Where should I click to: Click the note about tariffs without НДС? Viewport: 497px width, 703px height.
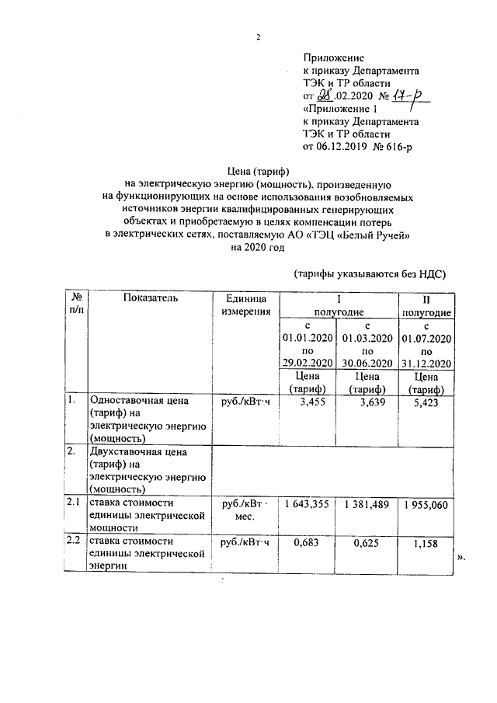371,273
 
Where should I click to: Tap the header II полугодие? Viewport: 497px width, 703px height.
426,305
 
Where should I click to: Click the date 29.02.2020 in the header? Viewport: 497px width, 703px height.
308,364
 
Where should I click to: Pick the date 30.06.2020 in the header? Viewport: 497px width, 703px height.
367,364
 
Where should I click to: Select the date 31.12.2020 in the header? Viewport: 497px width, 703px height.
426,364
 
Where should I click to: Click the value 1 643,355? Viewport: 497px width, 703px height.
308,504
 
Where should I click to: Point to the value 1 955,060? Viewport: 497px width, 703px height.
426,504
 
